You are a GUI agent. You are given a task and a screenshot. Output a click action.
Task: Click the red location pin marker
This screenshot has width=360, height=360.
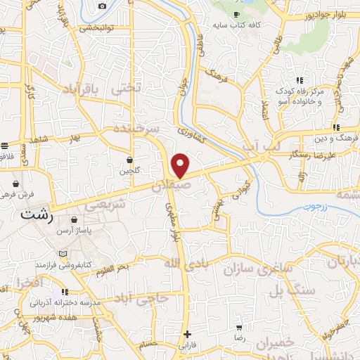pos(181,166)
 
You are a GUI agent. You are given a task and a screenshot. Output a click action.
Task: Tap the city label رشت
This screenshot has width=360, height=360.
pos(37,216)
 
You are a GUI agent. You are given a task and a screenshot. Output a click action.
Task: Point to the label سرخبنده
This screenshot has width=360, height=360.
pos(138,130)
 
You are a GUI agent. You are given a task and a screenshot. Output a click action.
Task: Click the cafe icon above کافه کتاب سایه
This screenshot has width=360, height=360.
pos(236,14)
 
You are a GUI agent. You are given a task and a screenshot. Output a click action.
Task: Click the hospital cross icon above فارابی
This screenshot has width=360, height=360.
pos(186,334)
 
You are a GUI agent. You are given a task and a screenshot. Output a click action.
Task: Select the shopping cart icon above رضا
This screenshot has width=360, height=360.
pos(240,328)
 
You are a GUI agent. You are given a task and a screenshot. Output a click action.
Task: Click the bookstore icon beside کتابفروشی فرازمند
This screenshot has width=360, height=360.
pos(64,253)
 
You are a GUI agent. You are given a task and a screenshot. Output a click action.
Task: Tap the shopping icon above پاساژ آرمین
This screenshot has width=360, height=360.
pos(74,220)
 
